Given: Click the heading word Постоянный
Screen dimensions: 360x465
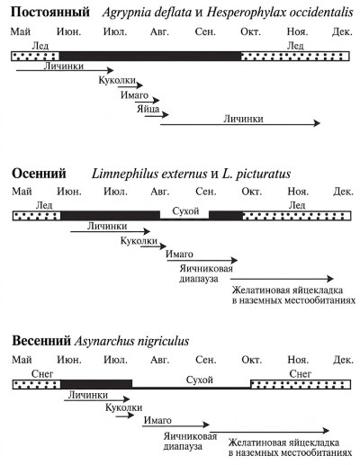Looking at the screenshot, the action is pos(50,13).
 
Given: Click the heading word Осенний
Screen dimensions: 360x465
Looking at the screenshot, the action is pos(39,174).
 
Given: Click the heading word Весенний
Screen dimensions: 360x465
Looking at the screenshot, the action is pos(41,341).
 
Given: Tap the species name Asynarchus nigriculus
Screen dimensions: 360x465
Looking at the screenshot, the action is pos(131,341).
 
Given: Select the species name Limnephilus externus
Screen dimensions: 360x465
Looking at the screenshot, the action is pos(149,174).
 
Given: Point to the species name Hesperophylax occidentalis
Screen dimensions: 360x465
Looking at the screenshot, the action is pos(280,13).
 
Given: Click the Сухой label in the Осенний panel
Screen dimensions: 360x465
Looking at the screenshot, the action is pos(185,211).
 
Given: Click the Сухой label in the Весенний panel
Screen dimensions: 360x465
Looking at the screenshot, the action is pos(200,380).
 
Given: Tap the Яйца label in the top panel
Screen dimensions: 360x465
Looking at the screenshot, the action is pos(148,109).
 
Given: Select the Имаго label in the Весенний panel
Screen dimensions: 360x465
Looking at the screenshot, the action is pos(157,420).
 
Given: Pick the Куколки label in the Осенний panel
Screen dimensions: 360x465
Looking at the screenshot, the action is pos(139,241).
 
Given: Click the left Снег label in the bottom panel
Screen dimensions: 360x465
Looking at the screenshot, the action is pos(42,374).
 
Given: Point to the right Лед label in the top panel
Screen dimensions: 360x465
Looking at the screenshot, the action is pos(295,46).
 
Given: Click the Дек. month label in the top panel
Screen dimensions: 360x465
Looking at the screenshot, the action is pos(342,31).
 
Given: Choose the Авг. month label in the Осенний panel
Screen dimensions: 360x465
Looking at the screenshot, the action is pos(160,192).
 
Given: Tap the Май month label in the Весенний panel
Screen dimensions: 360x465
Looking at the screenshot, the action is pos(22,360).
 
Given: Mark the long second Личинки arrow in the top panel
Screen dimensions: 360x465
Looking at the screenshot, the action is pos(240,123).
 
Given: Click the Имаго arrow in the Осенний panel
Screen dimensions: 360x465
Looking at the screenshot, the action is pos(202,261).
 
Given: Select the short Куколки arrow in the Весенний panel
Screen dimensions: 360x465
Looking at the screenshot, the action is pos(125,416).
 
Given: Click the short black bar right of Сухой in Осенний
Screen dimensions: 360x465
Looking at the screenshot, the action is pos(226,216).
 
